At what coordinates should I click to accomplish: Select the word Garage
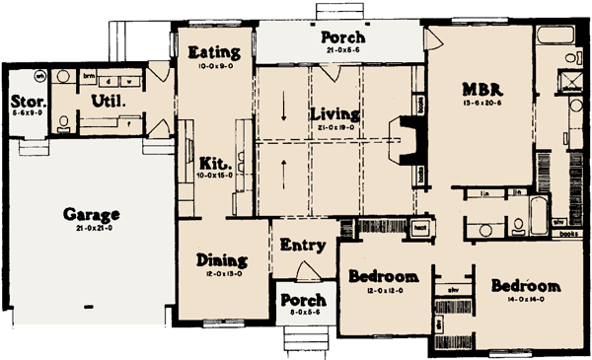92,214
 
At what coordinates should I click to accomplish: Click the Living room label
333,113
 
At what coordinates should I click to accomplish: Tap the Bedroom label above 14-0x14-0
525,286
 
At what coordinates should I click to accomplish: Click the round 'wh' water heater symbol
40,77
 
